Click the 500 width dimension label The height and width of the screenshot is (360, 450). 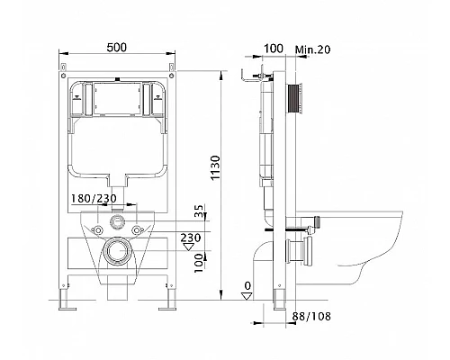(117, 48)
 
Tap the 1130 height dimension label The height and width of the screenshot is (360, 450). (215, 167)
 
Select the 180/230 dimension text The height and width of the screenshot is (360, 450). (94, 198)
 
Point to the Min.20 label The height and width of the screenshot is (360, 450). (312, 49)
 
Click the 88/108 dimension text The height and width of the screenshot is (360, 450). (311, 316)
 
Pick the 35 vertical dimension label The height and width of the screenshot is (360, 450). (200, 210)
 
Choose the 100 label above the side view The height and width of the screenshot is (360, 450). (273, 49)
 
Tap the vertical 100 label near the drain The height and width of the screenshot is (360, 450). (199, 263)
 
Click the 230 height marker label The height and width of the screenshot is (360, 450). (191, 238)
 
